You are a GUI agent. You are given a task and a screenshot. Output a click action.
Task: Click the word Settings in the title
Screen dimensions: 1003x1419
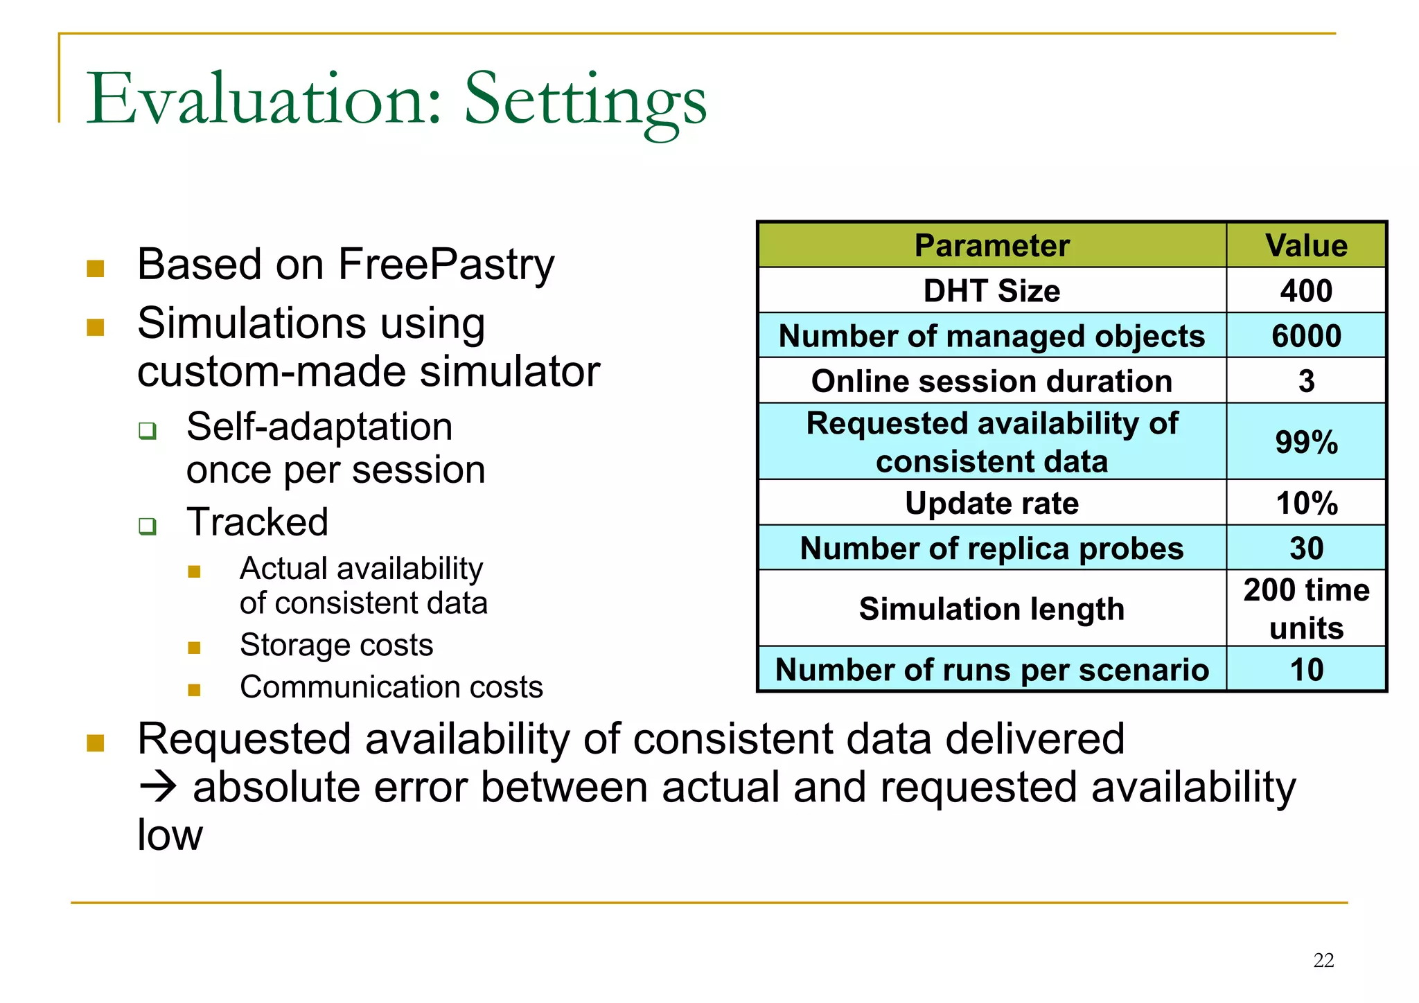pos(585,100)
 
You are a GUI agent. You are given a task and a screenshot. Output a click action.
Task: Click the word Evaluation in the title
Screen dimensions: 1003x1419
pos(263,100)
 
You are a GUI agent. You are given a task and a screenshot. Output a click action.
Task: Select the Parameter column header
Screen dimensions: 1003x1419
pos(991,246)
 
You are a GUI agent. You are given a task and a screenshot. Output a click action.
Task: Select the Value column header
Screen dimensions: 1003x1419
pos(1306,246)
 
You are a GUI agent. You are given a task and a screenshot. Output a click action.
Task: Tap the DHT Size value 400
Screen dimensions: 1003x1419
pos(1306,291)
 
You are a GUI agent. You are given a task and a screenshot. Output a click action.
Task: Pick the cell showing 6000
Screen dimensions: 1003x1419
pos(1306,336)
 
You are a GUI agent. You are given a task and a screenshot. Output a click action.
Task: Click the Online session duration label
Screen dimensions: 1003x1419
pos(991,381)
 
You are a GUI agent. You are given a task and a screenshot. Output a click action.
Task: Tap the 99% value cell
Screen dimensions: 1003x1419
pos(1306,442)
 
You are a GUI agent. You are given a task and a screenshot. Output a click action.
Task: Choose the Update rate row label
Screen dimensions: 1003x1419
pos(991,503)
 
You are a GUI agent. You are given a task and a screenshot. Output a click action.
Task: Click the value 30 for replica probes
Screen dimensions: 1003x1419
pos(1306,548)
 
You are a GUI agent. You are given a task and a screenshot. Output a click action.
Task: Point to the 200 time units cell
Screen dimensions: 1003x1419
pos(1306,608)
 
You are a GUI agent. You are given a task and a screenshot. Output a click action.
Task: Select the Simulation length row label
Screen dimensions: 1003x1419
pos(991,609)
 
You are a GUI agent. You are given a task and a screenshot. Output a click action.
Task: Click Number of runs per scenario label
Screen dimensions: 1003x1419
pos(991,670)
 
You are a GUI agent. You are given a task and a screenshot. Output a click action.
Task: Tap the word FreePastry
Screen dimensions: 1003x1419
pos(446,265)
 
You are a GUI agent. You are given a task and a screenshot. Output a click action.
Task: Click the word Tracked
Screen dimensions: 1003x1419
pos(257,522)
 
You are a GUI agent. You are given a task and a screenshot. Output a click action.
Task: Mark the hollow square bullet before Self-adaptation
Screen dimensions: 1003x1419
pos(147,430)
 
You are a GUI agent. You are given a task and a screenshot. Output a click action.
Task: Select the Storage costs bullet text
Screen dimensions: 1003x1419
pos(336,645)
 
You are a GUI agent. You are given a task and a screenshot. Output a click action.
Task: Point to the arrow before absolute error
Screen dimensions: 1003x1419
pos(158,788)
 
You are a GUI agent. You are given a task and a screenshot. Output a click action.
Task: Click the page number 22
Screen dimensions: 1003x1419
pos(1323,960)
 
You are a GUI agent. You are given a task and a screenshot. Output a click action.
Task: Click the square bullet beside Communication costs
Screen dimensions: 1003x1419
pos(194,690)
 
